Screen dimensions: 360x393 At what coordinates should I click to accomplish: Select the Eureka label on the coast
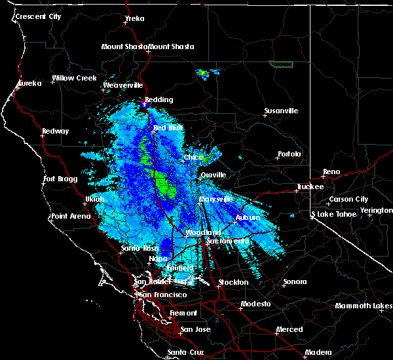pyautogui.click(x=29, y=83)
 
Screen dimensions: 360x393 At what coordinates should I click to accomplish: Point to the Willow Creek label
pyautogui.click(x=74, y=78)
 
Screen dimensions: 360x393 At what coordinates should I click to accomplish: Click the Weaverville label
pyautogui.click(x=122, y=85)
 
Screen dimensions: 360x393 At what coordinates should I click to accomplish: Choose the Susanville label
pyautogui.click(x=281, y=111)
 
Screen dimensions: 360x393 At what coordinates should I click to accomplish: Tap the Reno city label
pyautogui.click(x=331, y=172)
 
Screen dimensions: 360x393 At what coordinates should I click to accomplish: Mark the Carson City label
pyautogui.click(x=349, y=199)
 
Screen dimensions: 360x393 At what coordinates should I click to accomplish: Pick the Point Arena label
pyautogui.click(x=71, y=216)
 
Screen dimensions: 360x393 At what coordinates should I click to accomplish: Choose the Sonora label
pyautogui.click(x=295, y=282)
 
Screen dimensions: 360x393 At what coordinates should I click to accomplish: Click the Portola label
pyautogui.click(x=289, y=154)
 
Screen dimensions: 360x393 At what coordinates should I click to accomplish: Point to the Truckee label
pyautogui.click(x=310, y=187)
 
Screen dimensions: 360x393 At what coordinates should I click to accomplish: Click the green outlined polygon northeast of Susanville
pyautogui.click(x=281, y=64)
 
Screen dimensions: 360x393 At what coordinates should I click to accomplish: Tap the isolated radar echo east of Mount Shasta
pyautogui.click(x=205, y=73)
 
